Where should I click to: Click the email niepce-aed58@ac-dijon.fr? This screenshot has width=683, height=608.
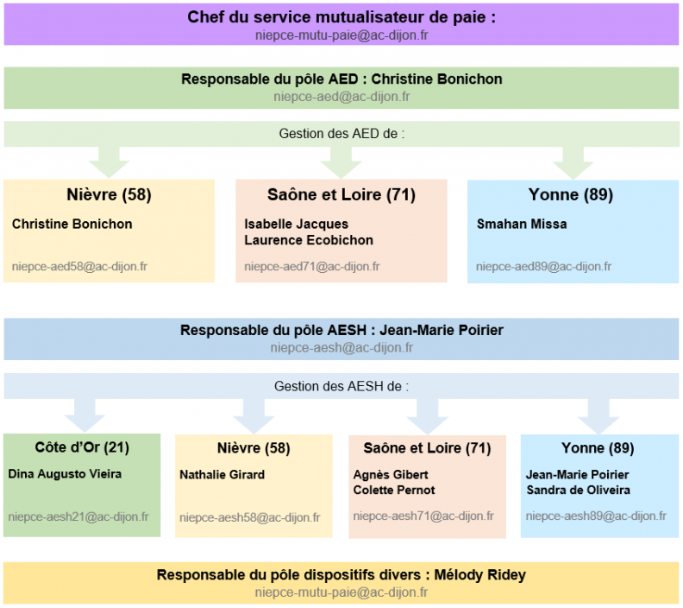[x=79, y=267]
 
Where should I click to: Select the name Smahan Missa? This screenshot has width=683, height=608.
[x=522, y=225]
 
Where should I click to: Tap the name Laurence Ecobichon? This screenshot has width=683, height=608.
[x=309, y=240]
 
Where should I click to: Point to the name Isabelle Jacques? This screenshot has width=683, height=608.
[x=296, y=225]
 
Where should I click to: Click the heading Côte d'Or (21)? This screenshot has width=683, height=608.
[x=82, y=447]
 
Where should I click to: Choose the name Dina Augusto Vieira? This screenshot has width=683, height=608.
[x=65, y=474]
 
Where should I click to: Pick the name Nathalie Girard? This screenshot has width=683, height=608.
[x=222, y=474]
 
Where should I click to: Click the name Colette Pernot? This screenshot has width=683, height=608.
[x=394, y=491]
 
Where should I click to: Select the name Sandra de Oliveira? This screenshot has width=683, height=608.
[x=578, y=491]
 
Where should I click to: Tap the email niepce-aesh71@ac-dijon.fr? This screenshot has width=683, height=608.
[x=423, y=516]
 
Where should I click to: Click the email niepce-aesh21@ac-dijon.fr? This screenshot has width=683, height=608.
[x=78, y=516]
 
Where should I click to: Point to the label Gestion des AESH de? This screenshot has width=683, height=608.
[x=337, y=386]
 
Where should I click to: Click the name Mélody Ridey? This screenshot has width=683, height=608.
[x=480, y=575]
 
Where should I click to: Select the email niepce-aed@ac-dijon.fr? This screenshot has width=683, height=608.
[x=341, y=97]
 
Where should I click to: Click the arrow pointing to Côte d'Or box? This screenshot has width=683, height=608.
[x=85, y=415]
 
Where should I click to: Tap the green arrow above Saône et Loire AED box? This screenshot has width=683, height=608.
[x=341, y=162]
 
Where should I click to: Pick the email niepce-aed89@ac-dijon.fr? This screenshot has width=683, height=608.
[x=543, y=267]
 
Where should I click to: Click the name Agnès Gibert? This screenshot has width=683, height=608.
[x=391, y=474]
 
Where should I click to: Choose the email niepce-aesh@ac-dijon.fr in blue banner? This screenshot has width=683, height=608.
[x=341, y=348]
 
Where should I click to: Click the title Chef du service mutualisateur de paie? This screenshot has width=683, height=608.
[x=341, y=17]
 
